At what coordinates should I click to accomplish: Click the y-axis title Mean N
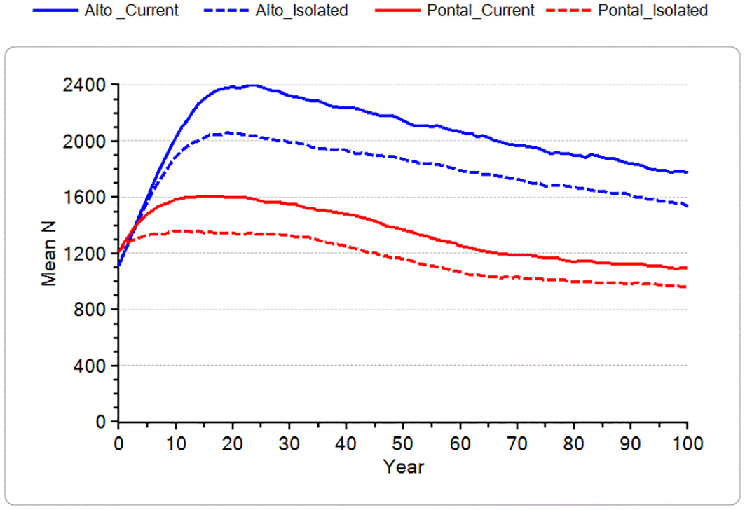coord(50,253)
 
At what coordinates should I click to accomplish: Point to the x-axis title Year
coord(403,466)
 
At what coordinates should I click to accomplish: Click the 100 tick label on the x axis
coord(687,444)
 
